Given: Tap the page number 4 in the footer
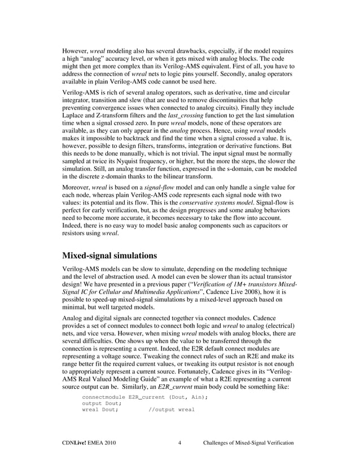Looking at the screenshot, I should (x=179, y=443).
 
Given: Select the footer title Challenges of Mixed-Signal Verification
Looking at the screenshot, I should (x=248, y=443).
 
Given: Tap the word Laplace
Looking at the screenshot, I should (x=74, y=116).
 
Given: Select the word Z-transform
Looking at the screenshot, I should (x=117, y=116).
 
